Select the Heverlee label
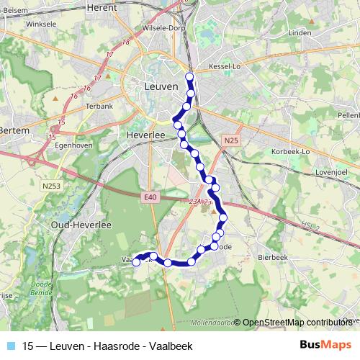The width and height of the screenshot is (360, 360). point(146,135)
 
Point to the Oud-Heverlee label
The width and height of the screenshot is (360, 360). point(80,225)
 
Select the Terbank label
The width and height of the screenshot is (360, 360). point(100,106)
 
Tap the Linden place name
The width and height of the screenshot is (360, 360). point(299,33)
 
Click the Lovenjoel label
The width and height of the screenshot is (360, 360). point(333,174)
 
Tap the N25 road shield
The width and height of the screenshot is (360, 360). point(230,140)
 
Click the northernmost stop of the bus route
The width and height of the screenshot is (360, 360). point(190,76)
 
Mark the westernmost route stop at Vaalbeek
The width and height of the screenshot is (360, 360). point(136,262)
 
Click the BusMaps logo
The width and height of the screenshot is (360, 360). point(325,344)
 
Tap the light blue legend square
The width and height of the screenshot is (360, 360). point(10,345)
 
